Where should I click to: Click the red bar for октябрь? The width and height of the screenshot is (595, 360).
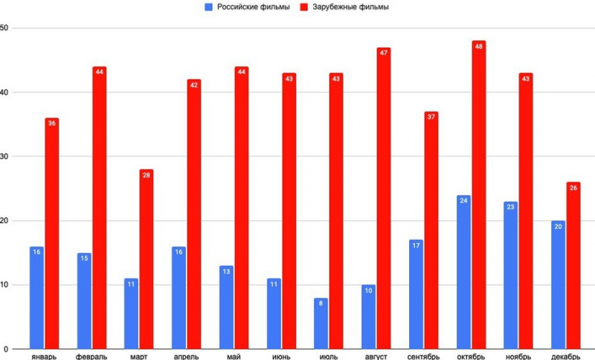pyautogui.click(x=478, y=195)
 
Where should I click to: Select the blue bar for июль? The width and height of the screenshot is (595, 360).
pyautogui.click(x=321, y=324)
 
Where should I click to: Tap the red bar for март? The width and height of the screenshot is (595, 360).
pyautogui.click(x=147, y=259)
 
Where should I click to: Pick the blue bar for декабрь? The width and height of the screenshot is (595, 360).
pyautogui.click(x=558, y=285)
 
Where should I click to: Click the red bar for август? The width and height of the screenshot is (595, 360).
pyautogui.click(x=384, y=199)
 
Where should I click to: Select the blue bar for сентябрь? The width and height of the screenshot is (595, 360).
pyautogui.click(x=416, y=295)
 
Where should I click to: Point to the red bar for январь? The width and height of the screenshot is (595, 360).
pyautogui.click(x=51, y=234)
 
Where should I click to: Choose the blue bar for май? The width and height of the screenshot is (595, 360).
pyautogui.click(x=226, y=307)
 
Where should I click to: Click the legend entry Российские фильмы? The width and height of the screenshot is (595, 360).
pyautogui.click(x=247, y=7)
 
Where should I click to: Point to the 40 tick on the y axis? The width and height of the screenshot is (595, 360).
pyautogui.click(x=4, y=92)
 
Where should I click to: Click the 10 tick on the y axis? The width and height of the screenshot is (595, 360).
pyautogui.click(x=4, y=285)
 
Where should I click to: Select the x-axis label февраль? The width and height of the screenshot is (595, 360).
pyautogui.click(x=91, y=356)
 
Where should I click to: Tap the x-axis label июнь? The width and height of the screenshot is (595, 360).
pyautogui.click(x=281, y=356)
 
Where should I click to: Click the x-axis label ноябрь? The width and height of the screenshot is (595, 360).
pyautogui.click(x=518, y=356)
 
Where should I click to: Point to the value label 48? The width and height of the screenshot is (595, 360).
pyautogui.click(x=478, y=46)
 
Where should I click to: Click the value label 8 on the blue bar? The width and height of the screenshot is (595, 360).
pyautogui.click(x=321, y=303)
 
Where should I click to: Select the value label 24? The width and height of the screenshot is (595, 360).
pyautogui.click(x=463, y=200)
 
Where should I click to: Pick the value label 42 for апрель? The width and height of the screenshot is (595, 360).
pyautogui.click(x=194, y=85)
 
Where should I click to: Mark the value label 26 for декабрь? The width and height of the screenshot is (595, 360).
pyautogui.click(x=573, y=187)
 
